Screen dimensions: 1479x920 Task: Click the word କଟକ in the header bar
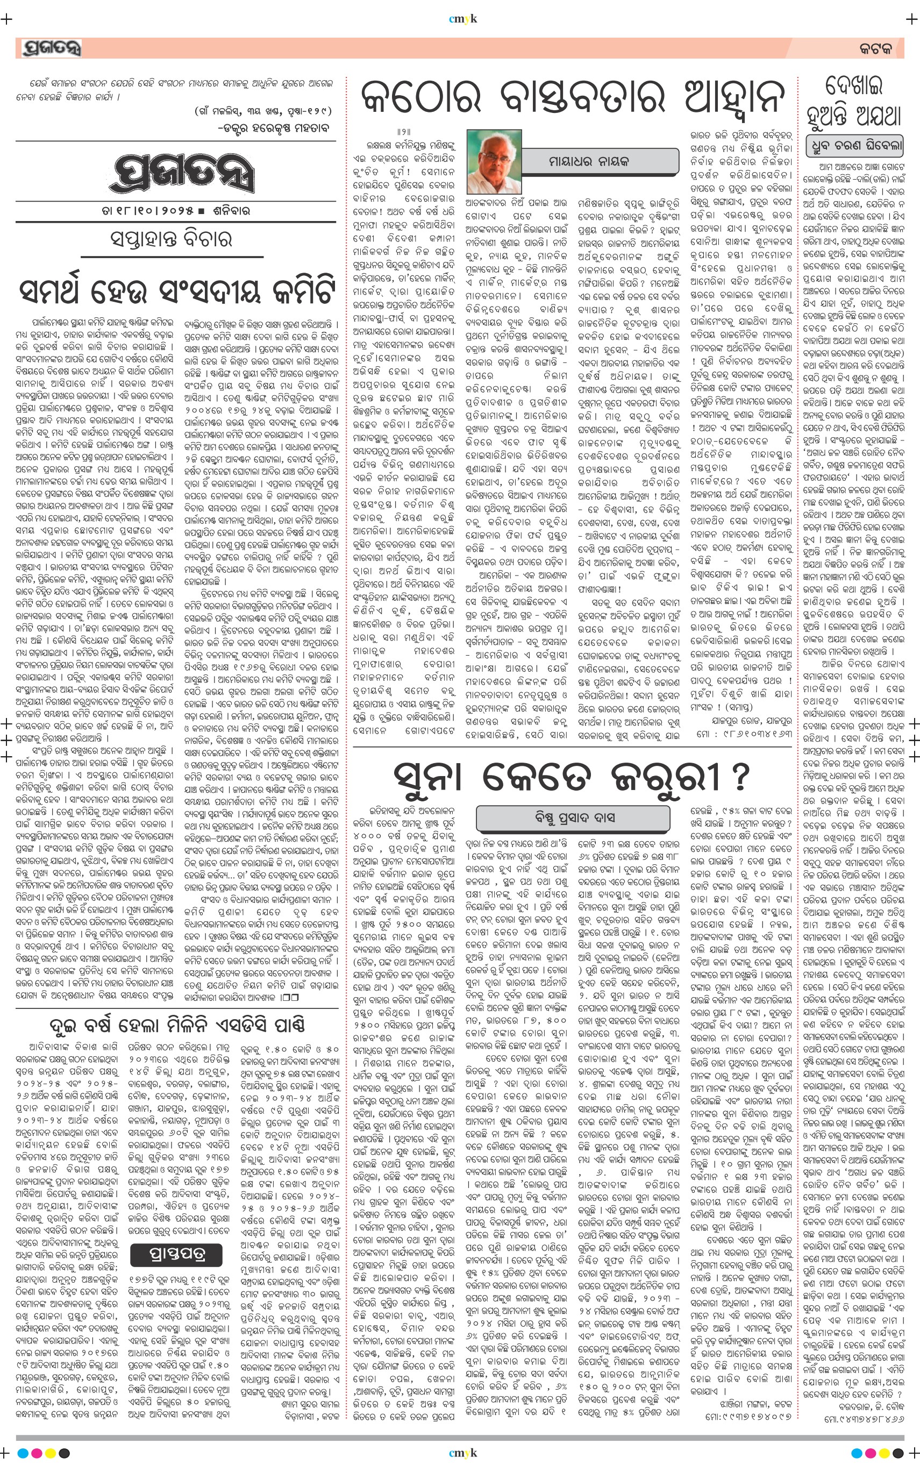pyautogui.click(x=874, y=49)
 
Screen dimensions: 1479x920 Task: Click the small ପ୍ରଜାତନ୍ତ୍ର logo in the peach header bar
pyautogui.click(x=51, y=48)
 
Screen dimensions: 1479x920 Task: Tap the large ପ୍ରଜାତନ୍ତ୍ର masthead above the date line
pyautogui.click(x=181, y=175)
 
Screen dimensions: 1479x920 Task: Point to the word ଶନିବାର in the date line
pyautogui.click(x=231, y=211)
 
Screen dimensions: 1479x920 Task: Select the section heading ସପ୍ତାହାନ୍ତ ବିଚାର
pyautogui.click(x=172, y=239)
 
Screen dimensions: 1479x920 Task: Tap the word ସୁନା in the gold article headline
pyautogui.click(x=432, y=776)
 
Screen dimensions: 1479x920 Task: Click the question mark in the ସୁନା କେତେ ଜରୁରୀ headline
pyautogui.click(x=738, y=776)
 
